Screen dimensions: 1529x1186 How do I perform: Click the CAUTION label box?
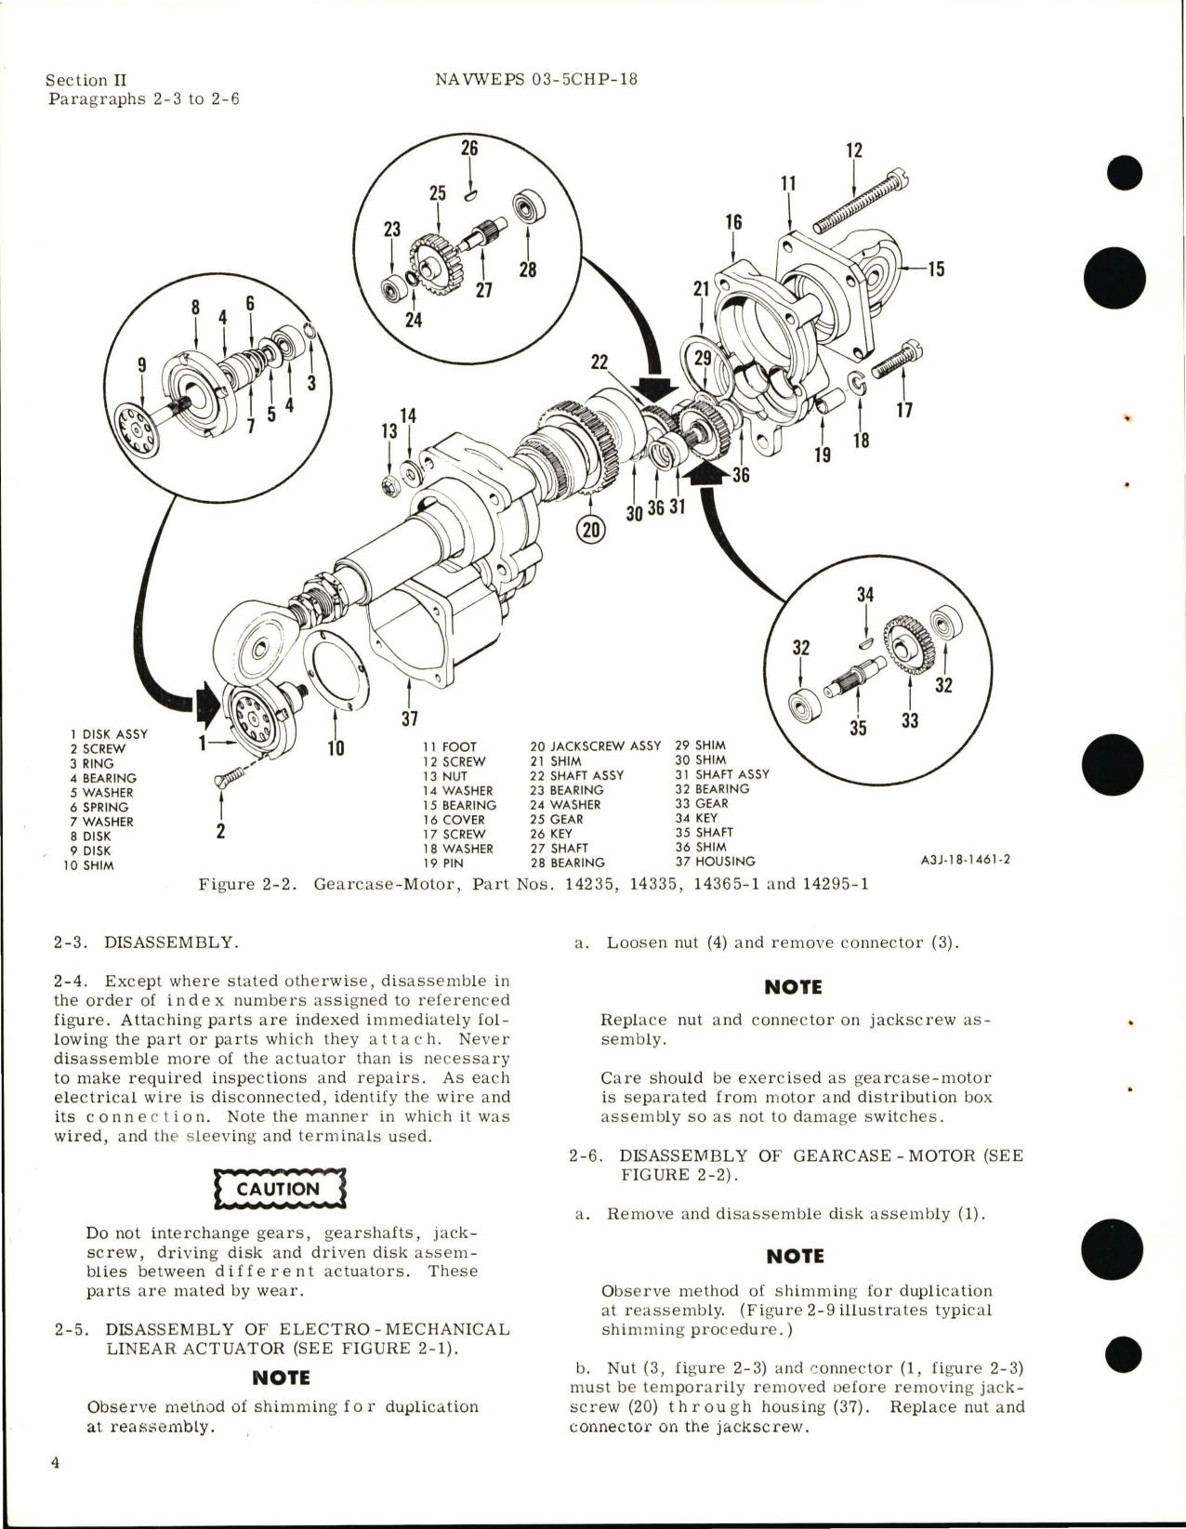[x=279, y=1189]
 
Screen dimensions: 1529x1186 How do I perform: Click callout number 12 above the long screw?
[x=854, y=150]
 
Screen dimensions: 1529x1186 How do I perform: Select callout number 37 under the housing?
[x=409, y=718]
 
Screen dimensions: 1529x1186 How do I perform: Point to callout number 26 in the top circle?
[x=470, y=147]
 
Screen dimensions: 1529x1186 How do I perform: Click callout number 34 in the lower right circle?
[x=864, y=594]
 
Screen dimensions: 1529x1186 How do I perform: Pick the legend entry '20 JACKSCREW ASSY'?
[x=595, y=745]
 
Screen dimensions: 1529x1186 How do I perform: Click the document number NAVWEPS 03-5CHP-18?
[x=536, y=79]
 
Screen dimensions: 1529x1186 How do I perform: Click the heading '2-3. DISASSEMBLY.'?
[x=146, y=942]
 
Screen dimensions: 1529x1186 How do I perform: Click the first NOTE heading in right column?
[x=793, y=987]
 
